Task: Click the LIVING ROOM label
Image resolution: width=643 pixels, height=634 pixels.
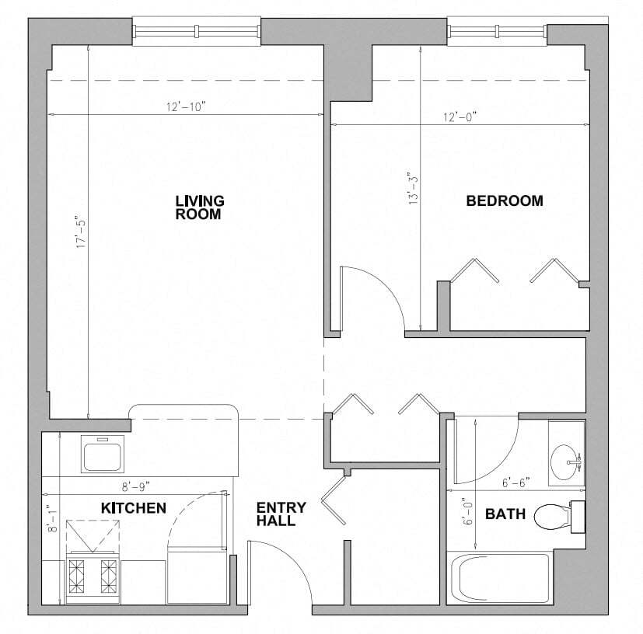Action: click(199, 207)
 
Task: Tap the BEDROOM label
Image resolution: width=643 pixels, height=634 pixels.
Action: click(504, 200)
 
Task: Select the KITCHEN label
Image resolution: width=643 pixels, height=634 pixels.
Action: click(133, 508)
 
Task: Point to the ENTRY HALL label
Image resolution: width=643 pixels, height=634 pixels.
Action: click(281, 514)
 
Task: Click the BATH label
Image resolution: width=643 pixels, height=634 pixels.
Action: click(505, 514)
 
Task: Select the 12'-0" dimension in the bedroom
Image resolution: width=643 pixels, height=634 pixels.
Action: click(460, 117)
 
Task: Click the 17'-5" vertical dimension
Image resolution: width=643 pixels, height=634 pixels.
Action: click(77, 232)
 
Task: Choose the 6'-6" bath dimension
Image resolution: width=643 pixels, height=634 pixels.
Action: click(515, 482)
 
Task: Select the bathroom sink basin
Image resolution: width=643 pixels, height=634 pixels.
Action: click(566, 462)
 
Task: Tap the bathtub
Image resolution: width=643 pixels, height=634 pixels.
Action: click(499, 577)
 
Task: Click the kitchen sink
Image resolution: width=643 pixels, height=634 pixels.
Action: click(103, 454)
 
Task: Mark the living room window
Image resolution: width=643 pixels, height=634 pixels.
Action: click(197, 32)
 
